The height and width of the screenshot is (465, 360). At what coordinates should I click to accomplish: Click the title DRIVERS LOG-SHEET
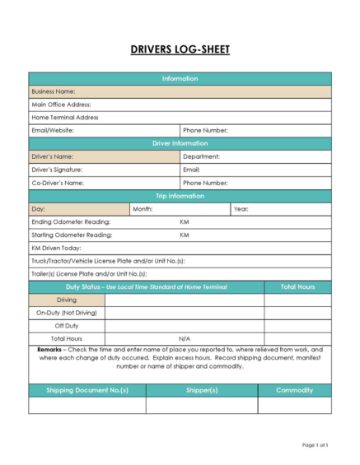[180, 50]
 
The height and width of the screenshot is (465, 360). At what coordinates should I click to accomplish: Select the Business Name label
[54, 91]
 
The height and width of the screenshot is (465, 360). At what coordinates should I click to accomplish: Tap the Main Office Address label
[61, 105]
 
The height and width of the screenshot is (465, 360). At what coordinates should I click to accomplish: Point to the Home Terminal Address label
[64, 118]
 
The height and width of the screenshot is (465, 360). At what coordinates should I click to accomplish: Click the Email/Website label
[54, 130]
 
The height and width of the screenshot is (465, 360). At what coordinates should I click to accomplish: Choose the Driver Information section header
[180, 143]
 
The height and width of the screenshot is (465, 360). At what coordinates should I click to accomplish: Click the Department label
[201, 156]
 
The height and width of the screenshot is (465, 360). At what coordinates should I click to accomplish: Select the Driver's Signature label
[57, 170]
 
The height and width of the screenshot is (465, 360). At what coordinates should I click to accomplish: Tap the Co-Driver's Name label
[58, 183]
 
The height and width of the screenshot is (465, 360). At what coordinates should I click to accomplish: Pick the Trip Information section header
[180, 196]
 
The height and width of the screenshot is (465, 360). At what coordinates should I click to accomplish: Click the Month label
[143, 209]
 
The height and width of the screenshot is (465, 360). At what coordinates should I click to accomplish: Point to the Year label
[241, 209]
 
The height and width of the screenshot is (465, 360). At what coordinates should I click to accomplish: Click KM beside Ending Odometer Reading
[185, 222]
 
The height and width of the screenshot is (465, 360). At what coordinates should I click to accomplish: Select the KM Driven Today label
[56, 248]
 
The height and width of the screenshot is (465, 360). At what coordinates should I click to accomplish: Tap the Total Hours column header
[297, 286]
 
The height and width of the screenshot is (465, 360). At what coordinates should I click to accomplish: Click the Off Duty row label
[66, 326]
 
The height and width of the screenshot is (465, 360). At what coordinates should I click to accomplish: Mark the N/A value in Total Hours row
[185, 338]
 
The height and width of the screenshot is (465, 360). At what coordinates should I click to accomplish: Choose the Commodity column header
[294, 390]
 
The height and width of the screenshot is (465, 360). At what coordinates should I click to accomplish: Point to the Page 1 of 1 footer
[316, 445]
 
